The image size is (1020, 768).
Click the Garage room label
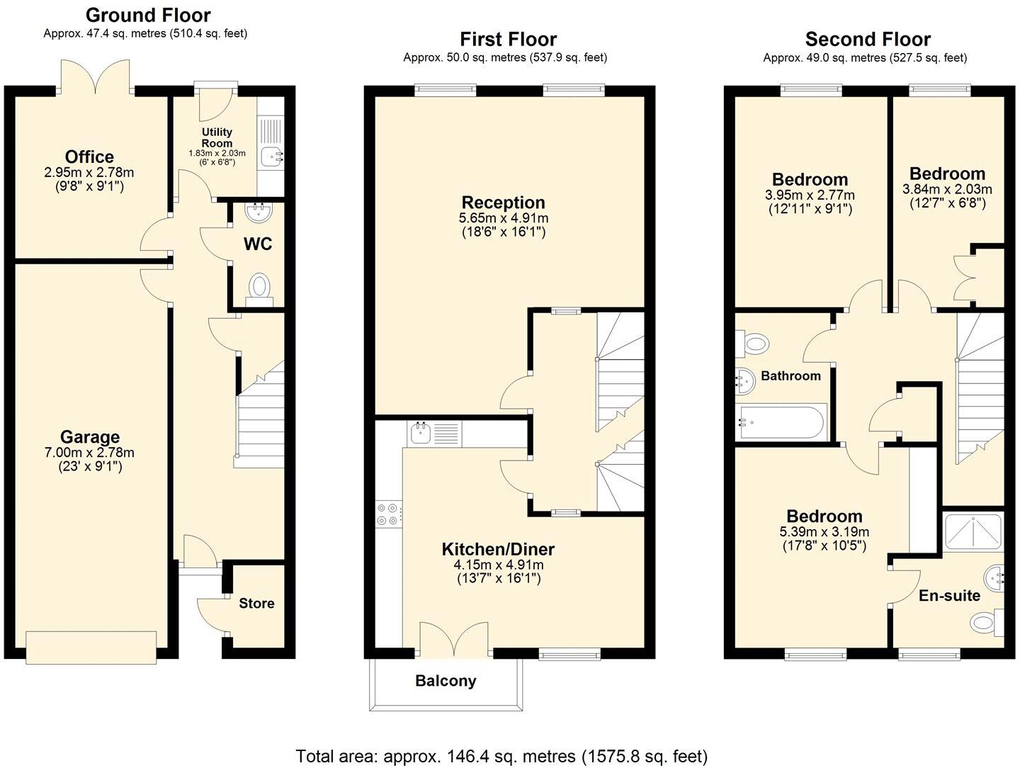(x=89, y=437)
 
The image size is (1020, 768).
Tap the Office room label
(x=89, y=157)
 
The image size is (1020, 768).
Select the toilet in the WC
(x=259, y=287)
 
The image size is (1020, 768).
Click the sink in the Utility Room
(x=271, y=157)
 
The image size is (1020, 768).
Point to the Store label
(x=256, y=604)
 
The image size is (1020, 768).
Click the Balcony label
(x=446, y=681)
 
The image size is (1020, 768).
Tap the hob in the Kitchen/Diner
(x=389, y=514)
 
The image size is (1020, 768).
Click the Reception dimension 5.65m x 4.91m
(x=504, y=218)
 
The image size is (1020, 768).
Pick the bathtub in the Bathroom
(x=781, y=423)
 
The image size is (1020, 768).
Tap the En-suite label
(x=949, y=596)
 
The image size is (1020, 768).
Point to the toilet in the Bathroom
(x=754, y=344)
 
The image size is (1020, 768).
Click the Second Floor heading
(x=868, y=39)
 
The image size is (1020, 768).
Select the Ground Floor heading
(x=148, y=15)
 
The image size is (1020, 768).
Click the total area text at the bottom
(x=501, y=756)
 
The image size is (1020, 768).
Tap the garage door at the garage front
(x=91, y=647)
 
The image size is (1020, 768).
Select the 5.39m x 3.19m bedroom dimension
(x=824, y=532)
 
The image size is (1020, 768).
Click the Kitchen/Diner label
(x=498, y=549)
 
